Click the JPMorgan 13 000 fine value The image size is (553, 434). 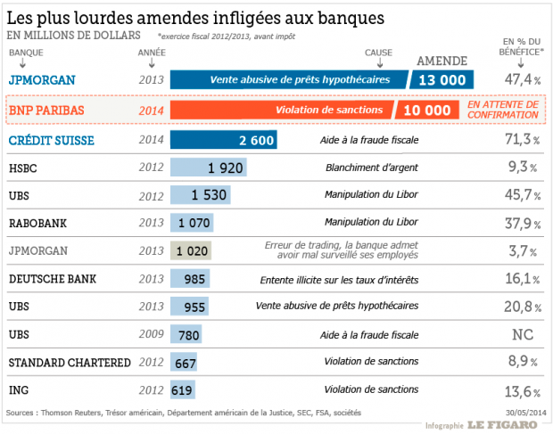tap(442, 80)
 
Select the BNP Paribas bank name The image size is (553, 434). tap(53, 111)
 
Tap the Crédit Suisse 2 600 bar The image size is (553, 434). tap(224, 140)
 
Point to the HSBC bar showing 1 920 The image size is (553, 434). tap(208, 168)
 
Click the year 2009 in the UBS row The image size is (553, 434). tap(151, 334)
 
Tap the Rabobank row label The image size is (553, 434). tap(39, 223)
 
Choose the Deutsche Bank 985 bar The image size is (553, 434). tap(190, 279)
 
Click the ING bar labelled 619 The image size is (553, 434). tap(182, 389)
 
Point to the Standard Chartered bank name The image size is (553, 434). tap(70, 362)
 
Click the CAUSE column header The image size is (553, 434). tap(379, 53)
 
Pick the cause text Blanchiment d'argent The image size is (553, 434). tap(371, 168)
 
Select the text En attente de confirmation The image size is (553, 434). tap(503, 110)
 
